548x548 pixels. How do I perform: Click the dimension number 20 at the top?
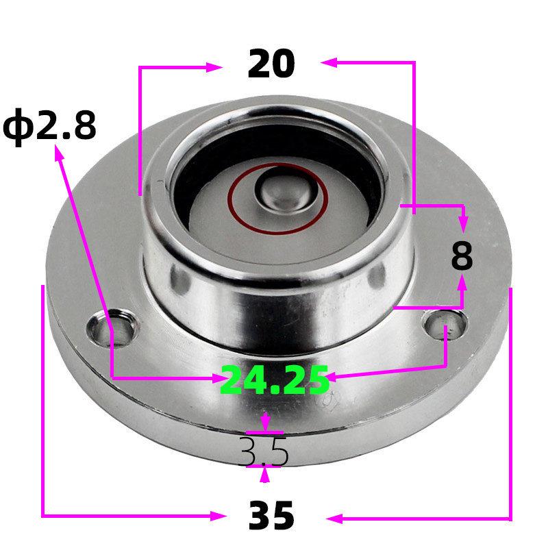271,64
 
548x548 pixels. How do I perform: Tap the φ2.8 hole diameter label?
49,127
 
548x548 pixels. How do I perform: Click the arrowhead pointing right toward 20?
214,67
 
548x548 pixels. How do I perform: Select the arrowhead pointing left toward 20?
327,63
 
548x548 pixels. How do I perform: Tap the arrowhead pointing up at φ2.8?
59,155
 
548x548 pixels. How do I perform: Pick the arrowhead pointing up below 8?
462,282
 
